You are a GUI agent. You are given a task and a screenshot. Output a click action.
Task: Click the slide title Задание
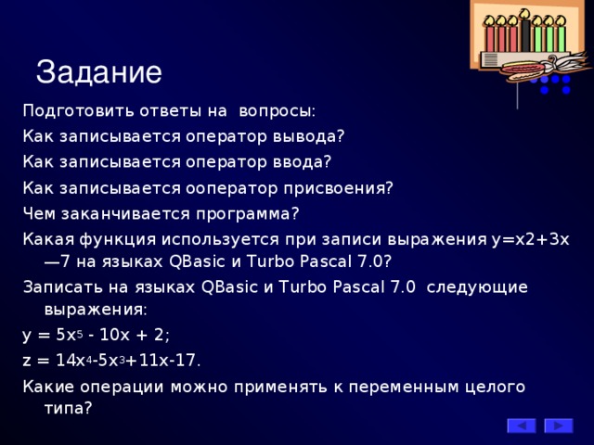click(x=98, y=71)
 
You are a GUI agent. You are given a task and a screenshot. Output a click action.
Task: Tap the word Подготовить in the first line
click(x=73, y=111)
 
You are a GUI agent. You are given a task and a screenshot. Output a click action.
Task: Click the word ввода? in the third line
click(x=298, y=161)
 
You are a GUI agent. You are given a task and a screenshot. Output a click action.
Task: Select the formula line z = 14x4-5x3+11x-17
click(x=111, y=360)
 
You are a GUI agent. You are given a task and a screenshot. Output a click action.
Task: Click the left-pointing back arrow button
click(x=521, y=426)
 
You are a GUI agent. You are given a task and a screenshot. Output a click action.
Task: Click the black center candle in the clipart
click(x=525, y=34)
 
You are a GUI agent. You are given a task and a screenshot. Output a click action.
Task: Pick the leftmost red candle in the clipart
click(x=489, y=37)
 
